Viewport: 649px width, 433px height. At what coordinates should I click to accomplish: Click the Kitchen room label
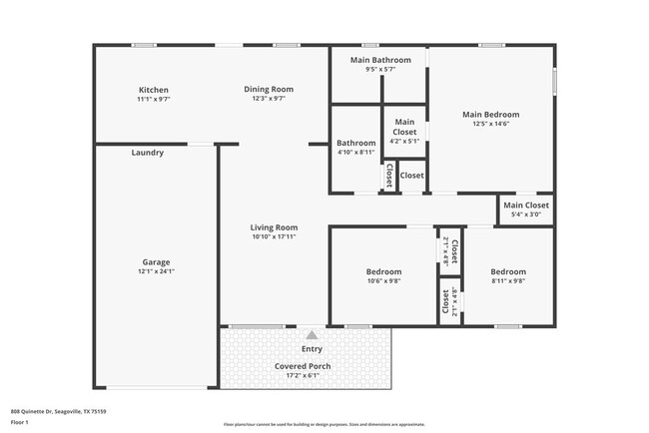click(153, 90)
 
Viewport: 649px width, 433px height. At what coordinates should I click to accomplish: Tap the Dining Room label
click(269, 89)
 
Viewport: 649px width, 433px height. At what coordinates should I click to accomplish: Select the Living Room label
click(274, 227)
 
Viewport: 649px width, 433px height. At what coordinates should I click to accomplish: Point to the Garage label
click(155, 262)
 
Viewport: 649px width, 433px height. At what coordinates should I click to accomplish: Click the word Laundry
click(147, 153)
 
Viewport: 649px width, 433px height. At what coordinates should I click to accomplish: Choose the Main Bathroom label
click(379, 60)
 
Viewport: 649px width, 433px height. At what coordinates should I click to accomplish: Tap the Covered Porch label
click(303, 366)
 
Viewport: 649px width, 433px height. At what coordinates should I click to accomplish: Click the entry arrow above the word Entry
click(312, 335)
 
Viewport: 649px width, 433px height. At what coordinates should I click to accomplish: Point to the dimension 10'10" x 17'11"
click(274, 237)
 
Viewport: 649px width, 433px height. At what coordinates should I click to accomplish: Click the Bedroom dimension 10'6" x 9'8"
click(383, 281)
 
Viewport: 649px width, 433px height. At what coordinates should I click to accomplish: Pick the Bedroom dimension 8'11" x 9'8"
click(507, 281)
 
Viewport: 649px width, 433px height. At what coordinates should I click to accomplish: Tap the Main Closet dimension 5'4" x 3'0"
click(525, 215)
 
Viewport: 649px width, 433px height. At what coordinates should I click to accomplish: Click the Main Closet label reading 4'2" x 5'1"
click(404, 142)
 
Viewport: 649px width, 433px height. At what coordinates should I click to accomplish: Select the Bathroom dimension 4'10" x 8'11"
click(355, 152)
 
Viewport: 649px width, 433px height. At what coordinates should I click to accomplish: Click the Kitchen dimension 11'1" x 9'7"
click(153, 99)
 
